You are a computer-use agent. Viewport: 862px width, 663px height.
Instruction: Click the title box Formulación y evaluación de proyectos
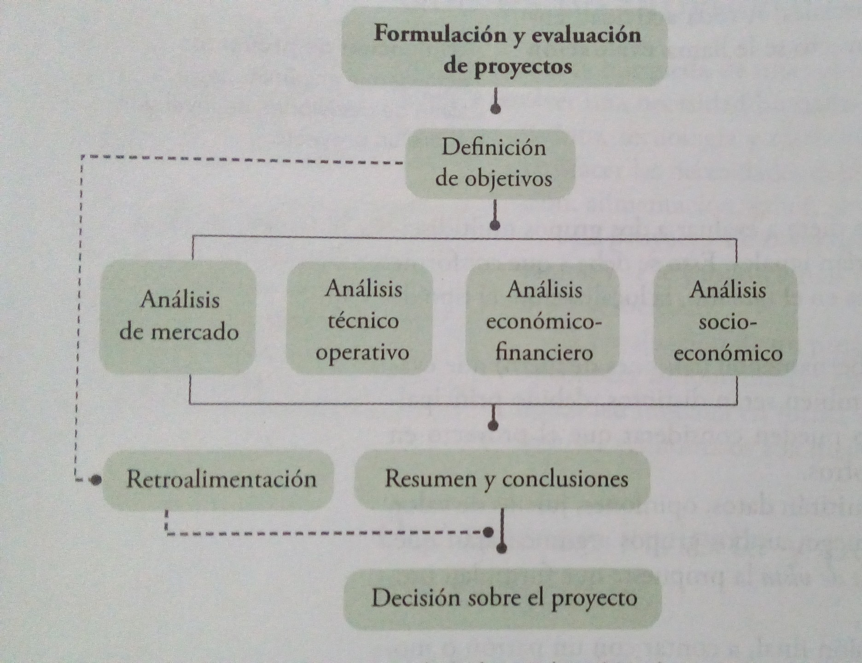tap(504, 48)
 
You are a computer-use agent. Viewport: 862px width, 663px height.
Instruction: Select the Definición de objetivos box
tap(491, 164)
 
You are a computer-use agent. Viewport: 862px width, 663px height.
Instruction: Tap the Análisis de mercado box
tap(178, 317)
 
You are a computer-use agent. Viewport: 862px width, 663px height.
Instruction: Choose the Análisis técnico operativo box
tap(360, 320)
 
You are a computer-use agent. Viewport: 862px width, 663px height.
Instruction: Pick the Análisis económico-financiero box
tap(543, 320)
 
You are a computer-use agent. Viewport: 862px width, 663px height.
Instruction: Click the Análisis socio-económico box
tap(727, 320)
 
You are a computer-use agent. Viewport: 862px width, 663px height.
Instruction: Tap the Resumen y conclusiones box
tap(503, 479)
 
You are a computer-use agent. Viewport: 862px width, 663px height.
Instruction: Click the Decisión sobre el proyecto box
tap(503, 599)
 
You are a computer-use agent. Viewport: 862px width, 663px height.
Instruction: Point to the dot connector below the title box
tap(495, 109)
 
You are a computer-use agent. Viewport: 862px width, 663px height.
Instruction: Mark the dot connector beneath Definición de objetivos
tap(495, 225)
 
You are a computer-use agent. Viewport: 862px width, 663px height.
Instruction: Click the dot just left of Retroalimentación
tap(96, 480)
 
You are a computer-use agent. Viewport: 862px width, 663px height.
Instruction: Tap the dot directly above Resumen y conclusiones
tap(493, 425)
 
